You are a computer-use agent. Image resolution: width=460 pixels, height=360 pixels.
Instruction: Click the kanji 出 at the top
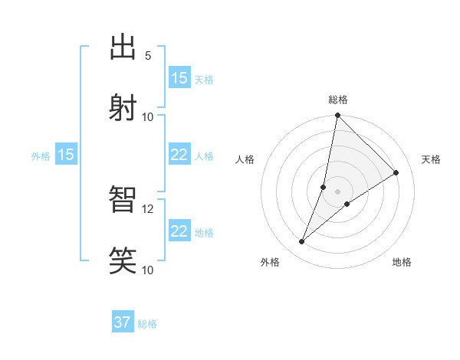pos(123,47)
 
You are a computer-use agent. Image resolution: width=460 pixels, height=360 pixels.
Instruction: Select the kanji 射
pos(123,106)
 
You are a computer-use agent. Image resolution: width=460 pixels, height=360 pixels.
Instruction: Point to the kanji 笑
pos(123,260)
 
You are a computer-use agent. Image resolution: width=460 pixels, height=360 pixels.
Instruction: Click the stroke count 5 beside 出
pos(148,55)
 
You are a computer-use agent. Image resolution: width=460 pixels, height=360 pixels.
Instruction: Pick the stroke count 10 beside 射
pos(148,116)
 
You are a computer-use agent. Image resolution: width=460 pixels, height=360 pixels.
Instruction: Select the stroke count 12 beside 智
pos(148,208)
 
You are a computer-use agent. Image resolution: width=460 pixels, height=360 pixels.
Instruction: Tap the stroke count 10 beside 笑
pos(148,270)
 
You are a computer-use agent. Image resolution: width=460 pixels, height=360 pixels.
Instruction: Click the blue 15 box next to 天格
pos(179,78)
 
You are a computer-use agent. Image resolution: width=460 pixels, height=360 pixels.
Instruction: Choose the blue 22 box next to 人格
pos(179,155)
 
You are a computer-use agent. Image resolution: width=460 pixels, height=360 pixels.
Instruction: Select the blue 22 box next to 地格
pos(179,231)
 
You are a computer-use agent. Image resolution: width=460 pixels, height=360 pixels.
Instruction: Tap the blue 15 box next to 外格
pos(66,155)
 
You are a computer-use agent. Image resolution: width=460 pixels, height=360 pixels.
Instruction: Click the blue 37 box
pos(123,322)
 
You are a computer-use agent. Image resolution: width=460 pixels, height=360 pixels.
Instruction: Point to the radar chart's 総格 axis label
pos(338,100)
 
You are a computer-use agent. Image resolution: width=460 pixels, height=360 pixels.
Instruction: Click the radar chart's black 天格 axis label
pos(431,159)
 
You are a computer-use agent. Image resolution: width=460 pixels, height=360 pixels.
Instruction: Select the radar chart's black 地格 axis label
pos(402,262)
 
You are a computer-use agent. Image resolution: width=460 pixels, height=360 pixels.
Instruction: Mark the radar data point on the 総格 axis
pos(337,116)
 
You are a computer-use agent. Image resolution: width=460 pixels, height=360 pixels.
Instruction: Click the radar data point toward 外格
pos(302,242)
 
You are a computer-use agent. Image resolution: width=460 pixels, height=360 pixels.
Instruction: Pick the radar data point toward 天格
pos(396,173)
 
